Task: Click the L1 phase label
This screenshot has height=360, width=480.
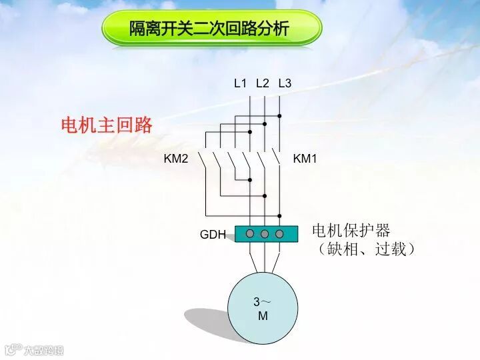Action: (x=240, y=83)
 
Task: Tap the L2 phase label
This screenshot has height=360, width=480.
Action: (x=262, y=83)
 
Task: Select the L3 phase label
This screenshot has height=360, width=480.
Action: (x=285, y=83)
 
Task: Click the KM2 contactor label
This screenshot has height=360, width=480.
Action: (x=176, y=159)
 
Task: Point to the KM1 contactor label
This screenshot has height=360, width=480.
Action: (x=305, y=159)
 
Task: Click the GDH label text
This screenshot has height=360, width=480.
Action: (x=213, y=235)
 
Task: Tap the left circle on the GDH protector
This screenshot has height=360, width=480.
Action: (x=250, y=234)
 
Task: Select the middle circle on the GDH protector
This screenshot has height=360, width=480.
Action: (x=265, y=234)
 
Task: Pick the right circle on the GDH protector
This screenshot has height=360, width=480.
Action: (x=279, y=234)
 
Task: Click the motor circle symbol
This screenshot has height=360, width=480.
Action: (x=263, y=307)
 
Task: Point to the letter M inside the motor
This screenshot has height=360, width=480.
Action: (x=263, y=316)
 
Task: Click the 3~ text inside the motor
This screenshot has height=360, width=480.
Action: (x=262, y=301)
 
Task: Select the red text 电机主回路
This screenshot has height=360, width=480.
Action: (x=107, y=125)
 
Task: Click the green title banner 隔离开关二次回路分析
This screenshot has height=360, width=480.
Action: (x=211, y=29)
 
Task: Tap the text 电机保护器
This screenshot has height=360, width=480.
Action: (x=351, y=231)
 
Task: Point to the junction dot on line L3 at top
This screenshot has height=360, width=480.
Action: (x=279, y=116)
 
